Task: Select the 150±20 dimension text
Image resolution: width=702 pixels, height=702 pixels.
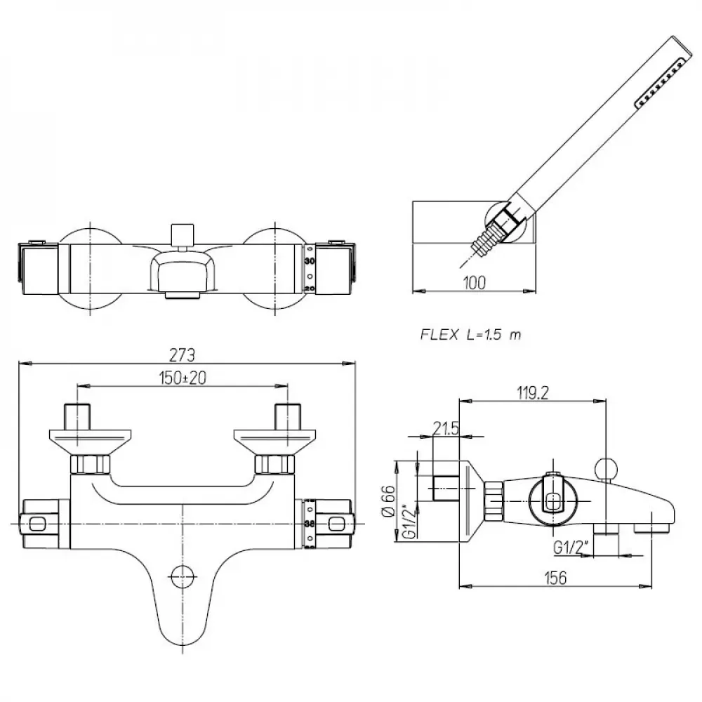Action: tap(182, 377)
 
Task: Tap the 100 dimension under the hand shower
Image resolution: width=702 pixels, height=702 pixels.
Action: tap(475, 282)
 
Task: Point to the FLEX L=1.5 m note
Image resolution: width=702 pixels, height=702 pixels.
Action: tap(470, 335)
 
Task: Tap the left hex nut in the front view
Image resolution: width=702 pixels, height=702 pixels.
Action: tap(91, 464)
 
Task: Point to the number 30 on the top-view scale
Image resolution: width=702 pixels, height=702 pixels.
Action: tap(309, 260)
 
